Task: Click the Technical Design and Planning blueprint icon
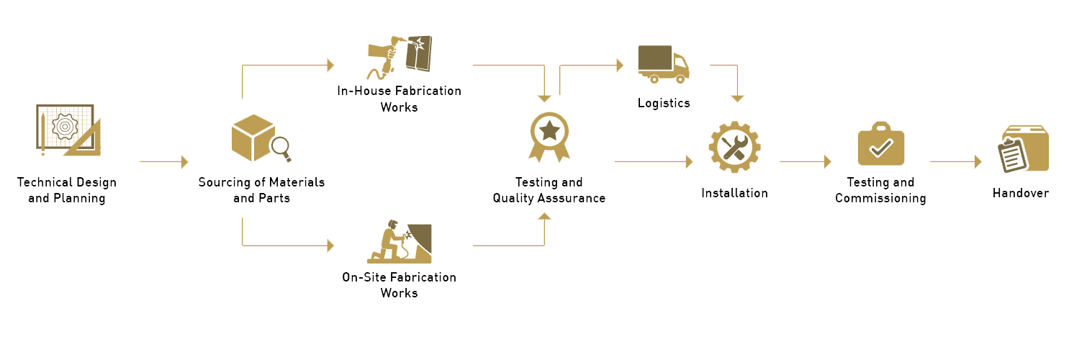tap(68, 130)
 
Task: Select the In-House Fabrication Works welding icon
tap(400, 56)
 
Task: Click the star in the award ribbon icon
tap(549, 130)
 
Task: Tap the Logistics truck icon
tap(663, 63)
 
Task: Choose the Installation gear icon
tap(734, 147)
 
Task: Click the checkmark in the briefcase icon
tap(880, 148)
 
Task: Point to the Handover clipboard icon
tap(1016, 153)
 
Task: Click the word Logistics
tap(664, 103)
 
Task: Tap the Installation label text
tap(734, 193)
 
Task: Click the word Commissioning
tap(880, 198)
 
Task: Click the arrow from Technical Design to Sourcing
tap(163, 162)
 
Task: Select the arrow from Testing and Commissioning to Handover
tap(955, 162)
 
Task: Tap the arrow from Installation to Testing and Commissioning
tap(805, 162)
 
